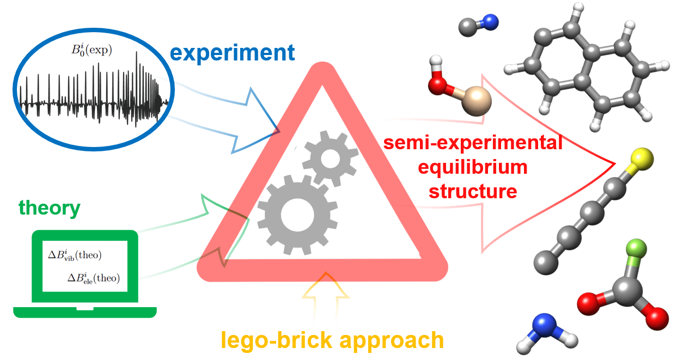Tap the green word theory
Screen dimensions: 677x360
click(x=49, y=209)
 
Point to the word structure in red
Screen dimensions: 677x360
click(x=473, y=192)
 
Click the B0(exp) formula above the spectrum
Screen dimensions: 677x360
click(x=92, y=50)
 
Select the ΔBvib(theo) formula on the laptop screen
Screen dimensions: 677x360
click(x=75, y=255)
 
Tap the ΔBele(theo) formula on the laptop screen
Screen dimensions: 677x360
click(x=94, y=278)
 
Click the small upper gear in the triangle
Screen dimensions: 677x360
click(x=331, y=158)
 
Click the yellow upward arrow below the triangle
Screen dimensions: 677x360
click(x=326, y=298)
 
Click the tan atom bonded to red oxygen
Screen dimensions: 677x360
click(x=477, y=101)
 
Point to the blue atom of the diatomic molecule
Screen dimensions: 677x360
click(x=490, y=22)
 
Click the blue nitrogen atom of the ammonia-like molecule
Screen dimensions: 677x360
click(x=544, y=326)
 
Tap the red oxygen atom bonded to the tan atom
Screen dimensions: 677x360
click(x=438, y=86)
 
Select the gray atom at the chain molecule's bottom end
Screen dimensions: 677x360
click(x=546, y=263)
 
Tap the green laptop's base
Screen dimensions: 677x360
click(x=85, y=312)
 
